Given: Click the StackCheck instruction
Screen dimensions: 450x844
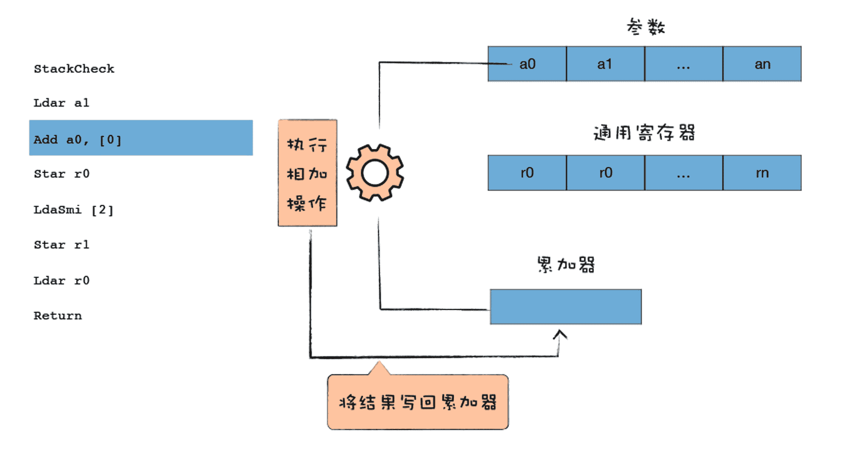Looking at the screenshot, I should coord(74,69).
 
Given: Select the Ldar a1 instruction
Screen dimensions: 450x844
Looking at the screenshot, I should coord(61,103).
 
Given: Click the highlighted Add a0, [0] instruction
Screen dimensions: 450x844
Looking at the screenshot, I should coord(141,138).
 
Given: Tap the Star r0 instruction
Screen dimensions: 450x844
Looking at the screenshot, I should coord(61,174).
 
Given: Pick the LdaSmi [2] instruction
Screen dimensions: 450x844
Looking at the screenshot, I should coord(73,210).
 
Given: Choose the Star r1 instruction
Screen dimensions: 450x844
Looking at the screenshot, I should coord(61,245).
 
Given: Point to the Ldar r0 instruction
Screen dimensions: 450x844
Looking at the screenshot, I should coord(61,280).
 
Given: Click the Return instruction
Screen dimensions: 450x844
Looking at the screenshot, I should coord(58,316).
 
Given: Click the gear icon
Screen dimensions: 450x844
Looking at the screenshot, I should coord(375,173).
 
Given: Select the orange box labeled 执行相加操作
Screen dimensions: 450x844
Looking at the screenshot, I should coord(307,173).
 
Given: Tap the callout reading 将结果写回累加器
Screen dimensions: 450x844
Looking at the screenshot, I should coord(418,402).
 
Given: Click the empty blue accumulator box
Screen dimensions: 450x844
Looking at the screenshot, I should coord(566,307).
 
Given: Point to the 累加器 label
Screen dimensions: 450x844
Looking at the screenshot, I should coord(566,265).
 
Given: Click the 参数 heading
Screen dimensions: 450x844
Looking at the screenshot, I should coord(646,27).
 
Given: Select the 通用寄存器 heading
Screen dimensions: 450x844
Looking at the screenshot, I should coord(644,133).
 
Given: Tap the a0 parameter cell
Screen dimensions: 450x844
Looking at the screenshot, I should coord(527,64).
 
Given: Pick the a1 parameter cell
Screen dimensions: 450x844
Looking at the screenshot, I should coord(605,64).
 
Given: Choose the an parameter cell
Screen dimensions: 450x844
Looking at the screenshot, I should coord(762,64).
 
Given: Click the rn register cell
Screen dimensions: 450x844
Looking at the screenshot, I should coord(762,173).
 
